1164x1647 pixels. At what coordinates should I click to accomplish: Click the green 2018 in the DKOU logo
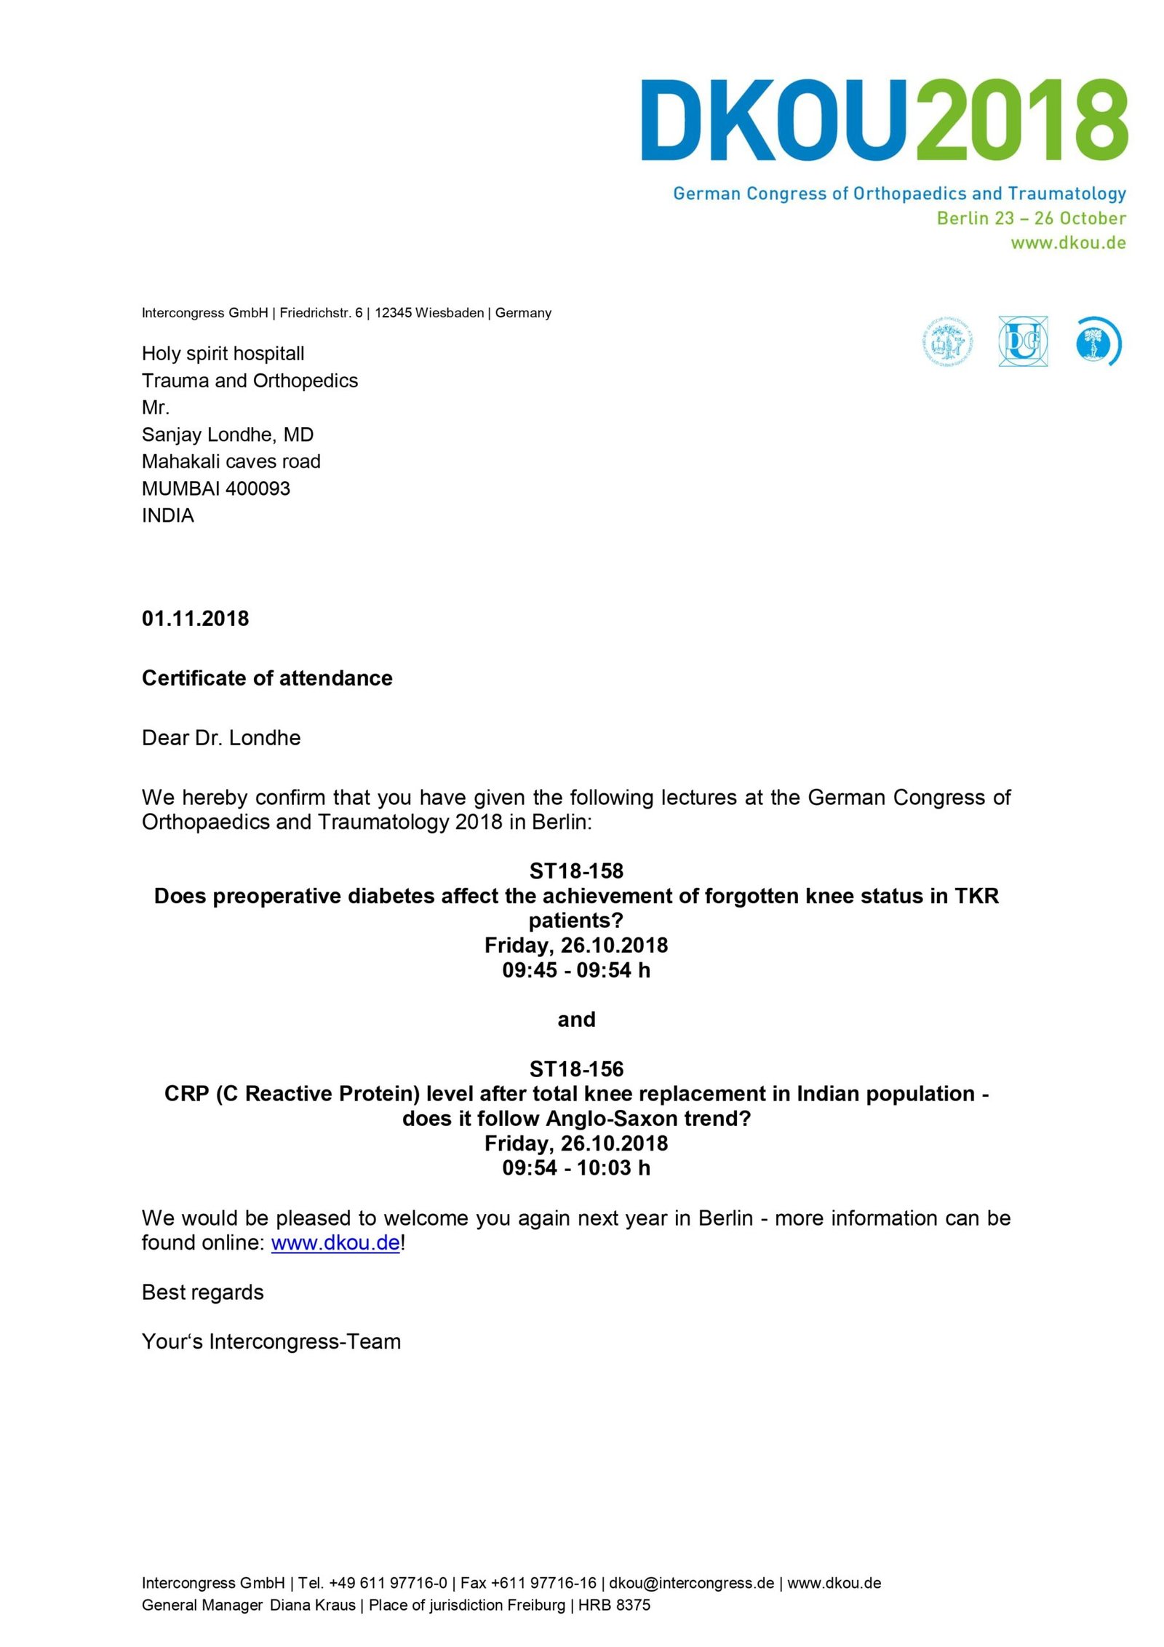point(1021,120)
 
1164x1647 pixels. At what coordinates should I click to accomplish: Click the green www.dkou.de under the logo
point(1067,243)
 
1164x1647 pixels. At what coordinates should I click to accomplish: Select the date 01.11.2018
point(195,619)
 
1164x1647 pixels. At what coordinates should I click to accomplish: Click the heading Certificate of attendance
point(267,678)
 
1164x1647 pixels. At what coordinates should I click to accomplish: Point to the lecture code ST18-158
point(576,871)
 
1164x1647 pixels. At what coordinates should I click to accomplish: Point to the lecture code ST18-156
point(576,1069)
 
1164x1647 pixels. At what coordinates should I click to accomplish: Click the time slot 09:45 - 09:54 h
point(576,970)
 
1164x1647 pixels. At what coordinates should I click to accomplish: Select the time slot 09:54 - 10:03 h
point(576,1168)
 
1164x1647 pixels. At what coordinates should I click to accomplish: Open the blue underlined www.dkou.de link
point(335,1243)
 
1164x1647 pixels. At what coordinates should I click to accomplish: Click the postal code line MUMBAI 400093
point(215,488)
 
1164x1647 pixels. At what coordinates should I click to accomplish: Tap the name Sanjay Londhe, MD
point(227,434)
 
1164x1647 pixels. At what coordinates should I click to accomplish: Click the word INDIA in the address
point(167,515)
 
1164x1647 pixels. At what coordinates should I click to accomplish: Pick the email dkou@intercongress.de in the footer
point(691,1583)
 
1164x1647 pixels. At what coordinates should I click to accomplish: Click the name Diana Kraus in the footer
point(313,1605)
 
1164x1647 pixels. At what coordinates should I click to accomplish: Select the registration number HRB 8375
point(614,1605)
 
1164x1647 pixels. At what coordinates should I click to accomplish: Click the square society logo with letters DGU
point(1023,341)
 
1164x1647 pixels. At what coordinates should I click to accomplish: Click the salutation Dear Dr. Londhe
point(221,738)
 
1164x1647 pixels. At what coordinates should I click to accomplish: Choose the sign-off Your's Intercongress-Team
point(271,1341)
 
